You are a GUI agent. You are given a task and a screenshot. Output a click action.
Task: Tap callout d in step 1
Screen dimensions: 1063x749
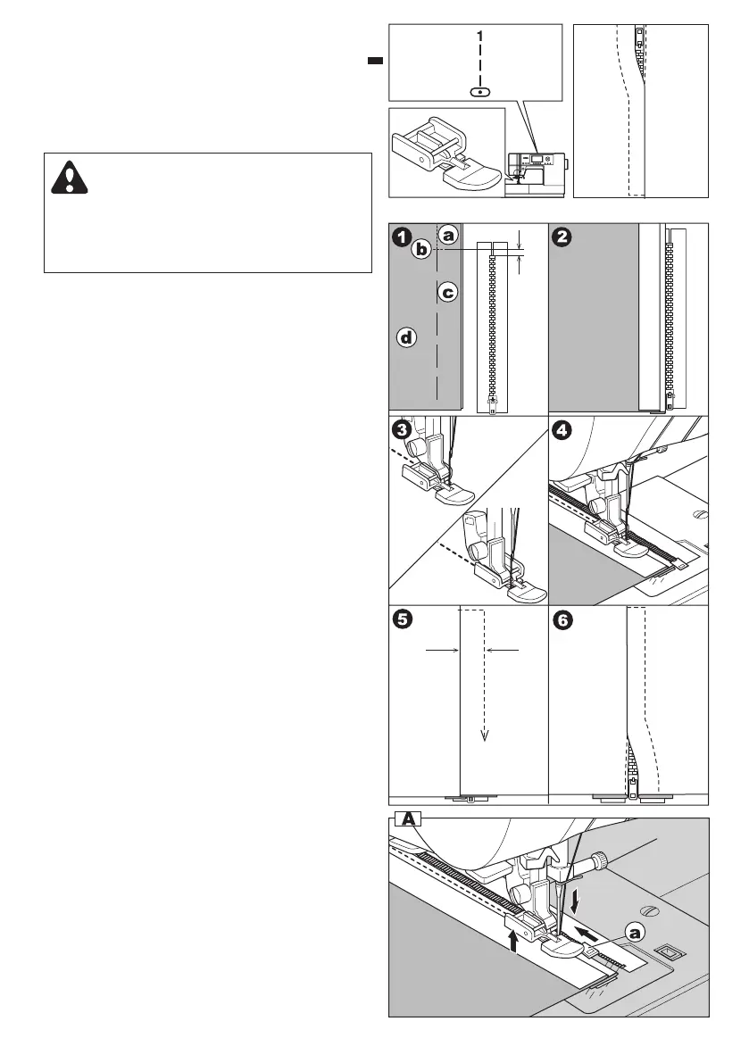tap(407, 337)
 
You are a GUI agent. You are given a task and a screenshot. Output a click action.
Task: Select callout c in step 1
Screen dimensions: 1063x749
tap(449, 291)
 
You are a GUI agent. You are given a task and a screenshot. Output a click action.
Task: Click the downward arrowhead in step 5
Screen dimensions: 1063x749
tap(484, 735)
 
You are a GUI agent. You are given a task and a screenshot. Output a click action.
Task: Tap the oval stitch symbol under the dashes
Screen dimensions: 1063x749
tap(480, 91)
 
